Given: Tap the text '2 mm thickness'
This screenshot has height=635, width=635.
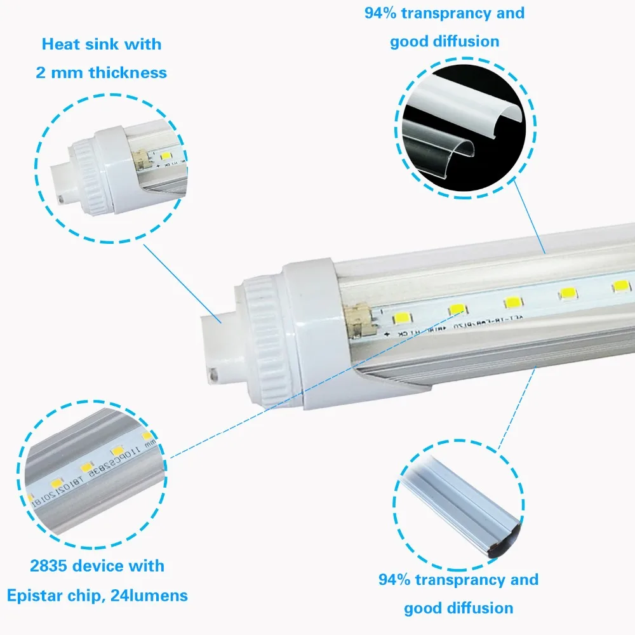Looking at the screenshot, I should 101,72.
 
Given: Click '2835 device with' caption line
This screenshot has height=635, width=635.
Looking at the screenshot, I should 97,566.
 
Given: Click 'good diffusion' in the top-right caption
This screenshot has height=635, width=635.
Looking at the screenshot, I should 444,42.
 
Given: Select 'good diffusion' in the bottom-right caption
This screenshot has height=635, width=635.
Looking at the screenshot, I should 458,608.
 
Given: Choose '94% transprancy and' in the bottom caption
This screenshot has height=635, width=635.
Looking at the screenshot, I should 458,579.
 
